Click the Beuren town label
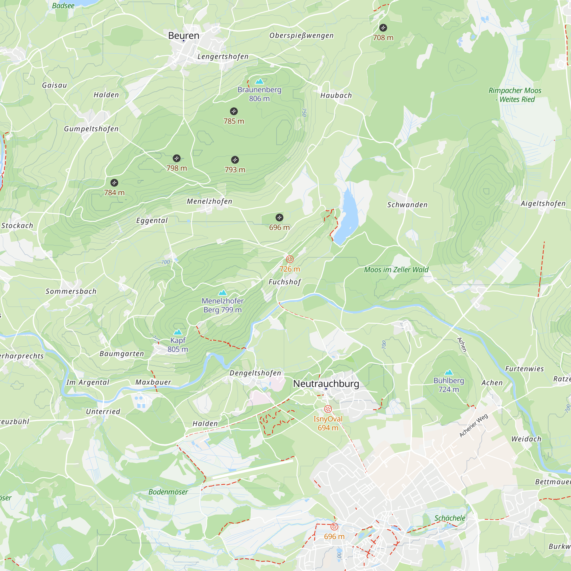tap(184, 35)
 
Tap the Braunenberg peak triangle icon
tap(259, 81)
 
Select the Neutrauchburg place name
tap(326, 384)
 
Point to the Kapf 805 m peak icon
tap(178, 332)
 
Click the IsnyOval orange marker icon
tap(328, 409)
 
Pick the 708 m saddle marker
tap(383, 28)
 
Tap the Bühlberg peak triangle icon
tap(449, 372)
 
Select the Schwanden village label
tap(407, 205)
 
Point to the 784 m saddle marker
tap(114, 183)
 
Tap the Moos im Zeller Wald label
tap(396, 270)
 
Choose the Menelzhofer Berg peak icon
tap(223, 293)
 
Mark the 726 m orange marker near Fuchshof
tap(289, 259)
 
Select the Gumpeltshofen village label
tap(91, 129)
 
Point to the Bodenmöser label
tap(168, 492)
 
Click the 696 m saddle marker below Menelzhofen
tap(279, 218)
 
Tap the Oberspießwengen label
tap(301, 35)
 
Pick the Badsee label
tap(63, 6)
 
